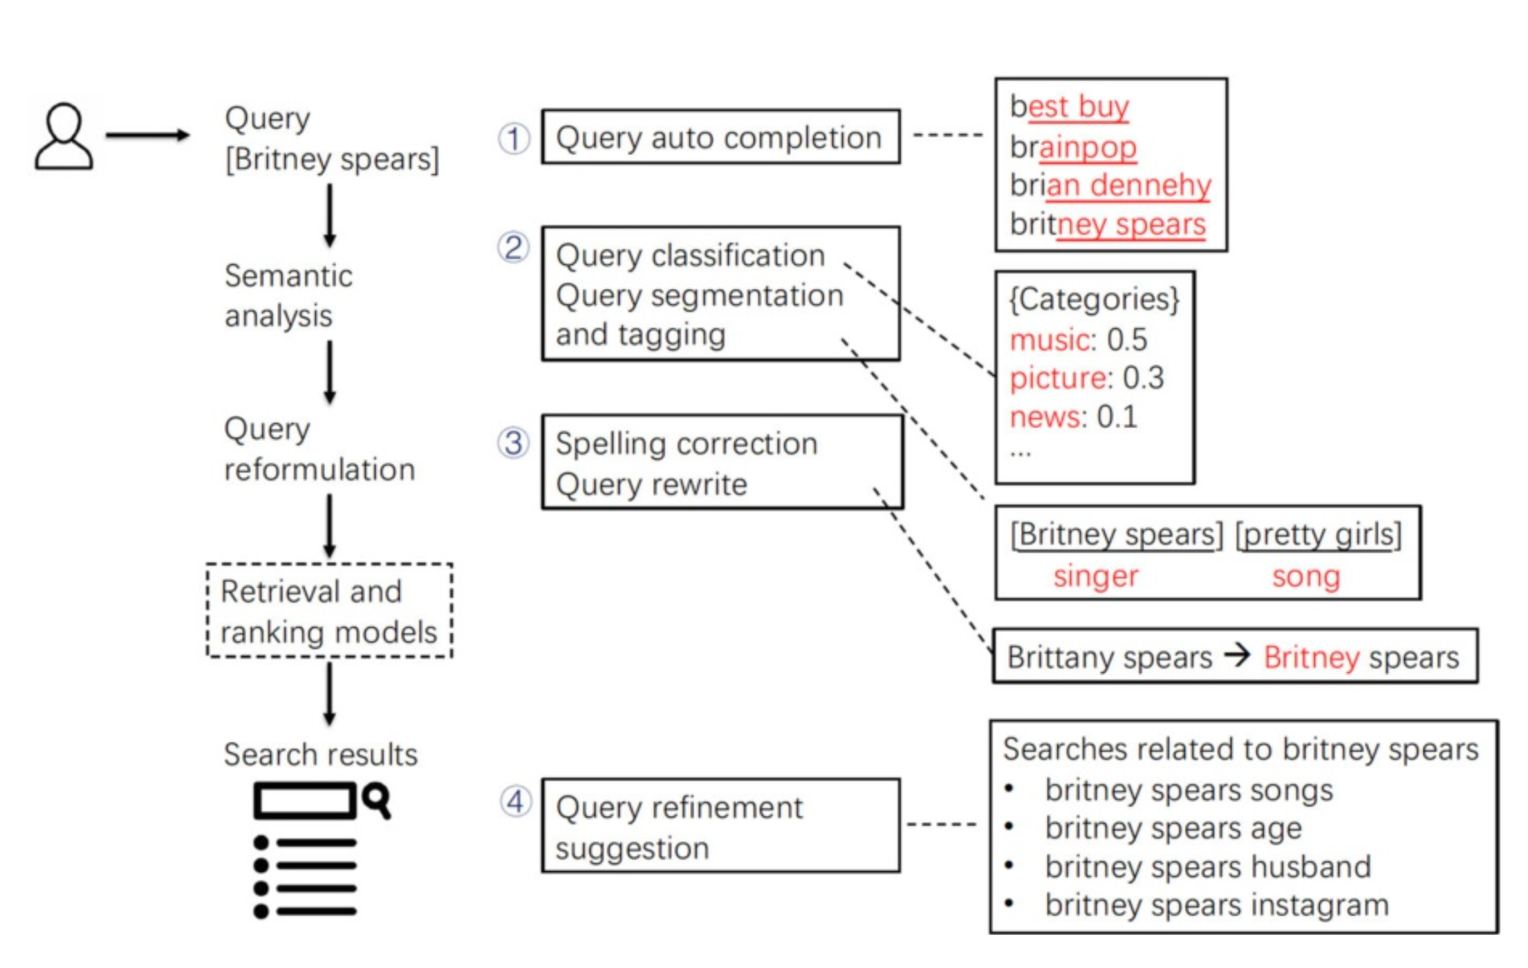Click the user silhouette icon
click(x=64, y=137)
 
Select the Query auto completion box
click(x=720, y=137)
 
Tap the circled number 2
click(x=513, y=248)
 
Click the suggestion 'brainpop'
click(x=1073, y=147)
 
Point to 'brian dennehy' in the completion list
click(x=1110, y=185)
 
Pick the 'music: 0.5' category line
click(x=1078, y=339)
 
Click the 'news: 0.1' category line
click(x=1073, y=417)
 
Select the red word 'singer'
click(x=1095, y=576)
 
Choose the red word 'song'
click(x=1306, y=576)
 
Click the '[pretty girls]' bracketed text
click(x=1319, y=534)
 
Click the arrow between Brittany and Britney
click(x=1238, y=654)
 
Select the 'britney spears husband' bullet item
click(x=1207, y=866)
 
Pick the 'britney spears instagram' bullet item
click(x=1216, y=905)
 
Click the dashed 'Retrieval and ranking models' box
click(x=329, y=611)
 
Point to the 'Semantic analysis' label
click(x=288, y=295)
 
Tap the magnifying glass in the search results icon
click(x=376, y=800)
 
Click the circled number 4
click(x=515, y=802)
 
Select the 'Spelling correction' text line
click(x=687, y=444)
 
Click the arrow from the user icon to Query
click(x=147, y=135)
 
